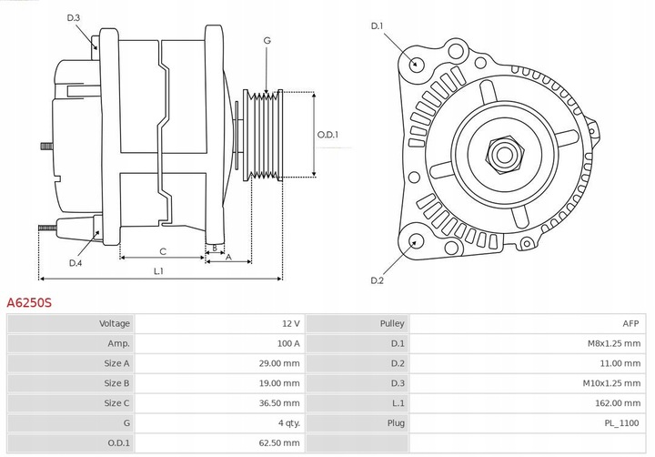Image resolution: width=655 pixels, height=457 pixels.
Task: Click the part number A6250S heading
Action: click(x=29, y=300)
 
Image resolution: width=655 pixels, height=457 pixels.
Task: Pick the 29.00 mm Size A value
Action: click(x=279, y=363)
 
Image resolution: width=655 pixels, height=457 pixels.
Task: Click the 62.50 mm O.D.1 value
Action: click(x=279, y=443)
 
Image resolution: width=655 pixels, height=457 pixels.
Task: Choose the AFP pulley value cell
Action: click(x=631, y=323)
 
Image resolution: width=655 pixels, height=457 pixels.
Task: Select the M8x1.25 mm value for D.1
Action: click(x=614, y=343)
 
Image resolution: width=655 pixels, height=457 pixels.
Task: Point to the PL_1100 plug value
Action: click(x=621, y=423)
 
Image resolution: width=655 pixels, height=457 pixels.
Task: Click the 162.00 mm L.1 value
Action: click(x=619, y=403)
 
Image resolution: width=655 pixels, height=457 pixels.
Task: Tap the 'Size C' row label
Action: click(x=117, y=403)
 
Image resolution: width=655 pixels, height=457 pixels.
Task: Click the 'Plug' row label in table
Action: click(x=396, y=423)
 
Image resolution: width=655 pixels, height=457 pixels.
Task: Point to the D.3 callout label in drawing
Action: click(x=74, y=18)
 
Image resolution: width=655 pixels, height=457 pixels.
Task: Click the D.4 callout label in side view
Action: click(x=76, y=264)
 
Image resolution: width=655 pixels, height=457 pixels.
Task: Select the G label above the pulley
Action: click(x=267, y=41)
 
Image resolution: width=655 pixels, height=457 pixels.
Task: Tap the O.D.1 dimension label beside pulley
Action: click(x=327, y=136)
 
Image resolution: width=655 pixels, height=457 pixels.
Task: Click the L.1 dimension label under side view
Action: click(x=158, y=270)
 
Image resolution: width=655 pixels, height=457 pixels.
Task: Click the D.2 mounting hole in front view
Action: click(x=416, y=241)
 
